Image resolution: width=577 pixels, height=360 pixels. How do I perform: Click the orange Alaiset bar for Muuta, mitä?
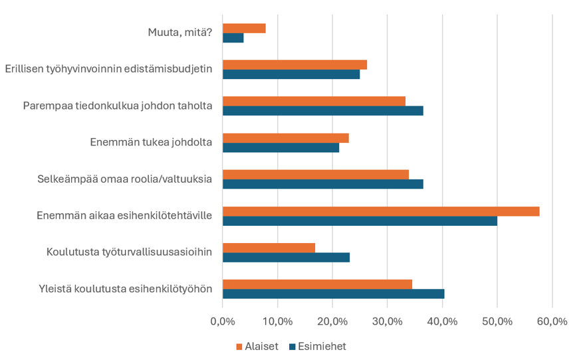point(244,29)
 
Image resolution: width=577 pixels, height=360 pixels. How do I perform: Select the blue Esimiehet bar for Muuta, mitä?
point(233,38)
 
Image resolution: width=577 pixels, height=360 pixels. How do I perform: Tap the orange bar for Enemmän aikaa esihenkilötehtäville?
point(381,211)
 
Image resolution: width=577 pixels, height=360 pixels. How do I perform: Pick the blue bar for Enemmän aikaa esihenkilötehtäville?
point(360,221)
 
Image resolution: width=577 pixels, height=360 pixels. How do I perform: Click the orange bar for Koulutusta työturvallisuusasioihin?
point(269,248)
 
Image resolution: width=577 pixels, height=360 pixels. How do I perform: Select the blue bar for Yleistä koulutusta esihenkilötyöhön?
point(333,294)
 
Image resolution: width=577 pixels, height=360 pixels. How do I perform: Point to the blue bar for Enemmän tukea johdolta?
point(281,147)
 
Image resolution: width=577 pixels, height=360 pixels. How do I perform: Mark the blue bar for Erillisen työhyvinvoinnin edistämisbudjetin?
point(291,74)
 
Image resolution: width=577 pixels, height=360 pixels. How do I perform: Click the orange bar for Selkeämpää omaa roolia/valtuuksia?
point(316,175)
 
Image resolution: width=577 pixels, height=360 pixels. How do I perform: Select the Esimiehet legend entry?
point(316,346)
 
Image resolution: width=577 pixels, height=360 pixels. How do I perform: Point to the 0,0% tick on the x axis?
point(222,321)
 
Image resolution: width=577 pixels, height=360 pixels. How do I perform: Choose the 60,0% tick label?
point(552,321)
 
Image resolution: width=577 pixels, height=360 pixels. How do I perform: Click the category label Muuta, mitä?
point(179,32)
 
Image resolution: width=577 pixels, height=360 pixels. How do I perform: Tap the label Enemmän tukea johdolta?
point(151,142)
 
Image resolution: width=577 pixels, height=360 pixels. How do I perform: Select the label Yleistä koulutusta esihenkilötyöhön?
point(126,288)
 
